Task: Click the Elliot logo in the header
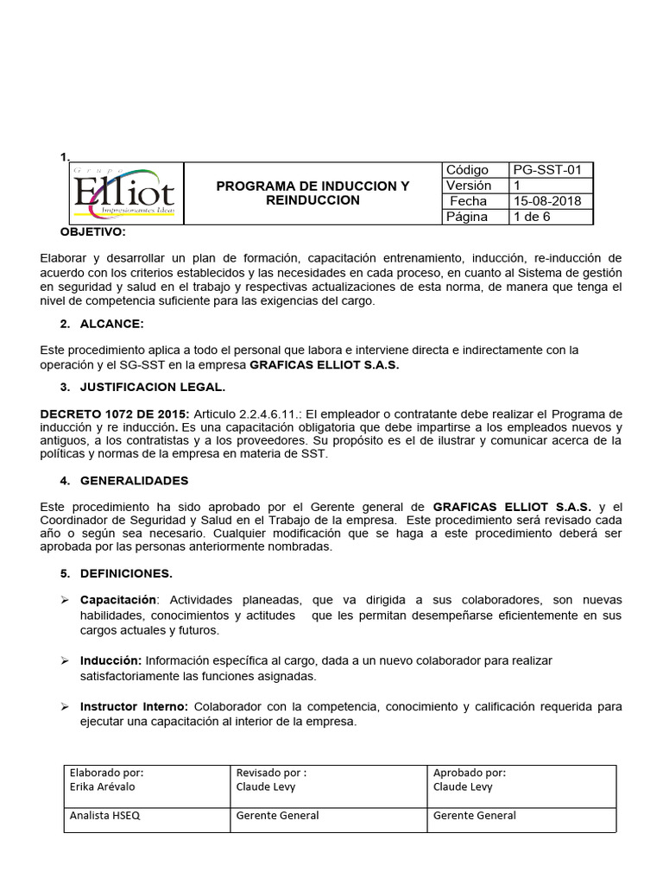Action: [123, 193]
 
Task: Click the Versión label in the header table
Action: [469, 186]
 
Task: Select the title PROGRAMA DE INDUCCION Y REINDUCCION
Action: [313, 193]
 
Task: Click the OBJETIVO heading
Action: [92, 233]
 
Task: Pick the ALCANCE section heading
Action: [111, 324]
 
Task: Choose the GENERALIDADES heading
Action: [134, 480]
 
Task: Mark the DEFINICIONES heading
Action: [126, 573]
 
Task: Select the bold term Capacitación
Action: [119, 599]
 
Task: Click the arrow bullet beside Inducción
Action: [65, 660]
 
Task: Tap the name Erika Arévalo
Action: [103, 787]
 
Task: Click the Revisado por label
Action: [271, 773]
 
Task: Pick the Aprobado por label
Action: [470, 773]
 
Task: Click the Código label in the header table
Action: [467, 170]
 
